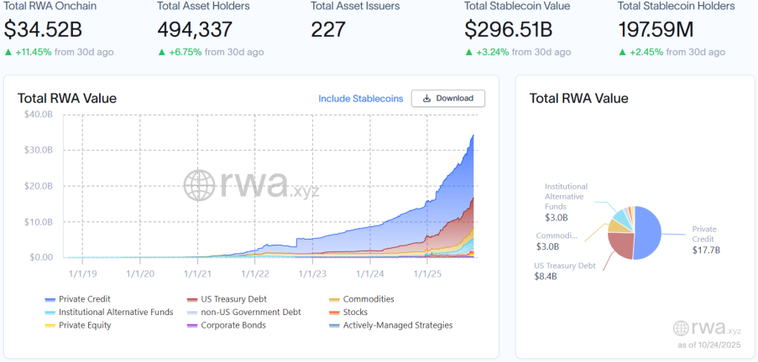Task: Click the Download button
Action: [447, 98]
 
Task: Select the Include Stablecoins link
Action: [360, 99]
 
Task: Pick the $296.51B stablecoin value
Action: [509, 30]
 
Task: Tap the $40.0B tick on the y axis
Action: [38, 114]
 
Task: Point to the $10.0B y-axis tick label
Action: [38, 221]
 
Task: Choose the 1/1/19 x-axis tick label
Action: [82, 272]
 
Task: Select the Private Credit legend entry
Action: [84, 299]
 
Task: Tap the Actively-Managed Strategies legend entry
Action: [396, 325]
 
